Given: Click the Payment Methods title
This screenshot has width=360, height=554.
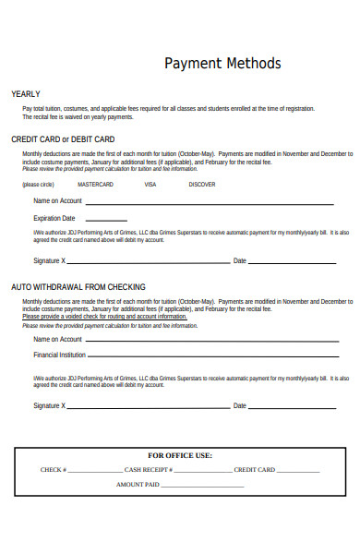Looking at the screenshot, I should click(x=222, y=64).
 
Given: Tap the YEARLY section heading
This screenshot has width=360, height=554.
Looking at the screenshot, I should click(x=25, y=94).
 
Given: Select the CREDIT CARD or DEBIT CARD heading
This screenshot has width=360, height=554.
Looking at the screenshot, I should click(x=62, y=139).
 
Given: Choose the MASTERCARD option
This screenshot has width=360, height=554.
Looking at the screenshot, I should click(x=94, y=185).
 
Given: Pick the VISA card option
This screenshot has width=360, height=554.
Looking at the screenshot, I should click(x=150, y=185).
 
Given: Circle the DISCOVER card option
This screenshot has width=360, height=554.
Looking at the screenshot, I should click(x=201, y=185).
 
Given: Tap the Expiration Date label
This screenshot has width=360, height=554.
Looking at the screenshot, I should click(x=54, y=218).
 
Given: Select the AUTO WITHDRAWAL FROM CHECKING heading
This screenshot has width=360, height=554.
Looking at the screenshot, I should click(x=78, y=287).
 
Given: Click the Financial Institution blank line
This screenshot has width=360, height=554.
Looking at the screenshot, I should click(x=212, y=356).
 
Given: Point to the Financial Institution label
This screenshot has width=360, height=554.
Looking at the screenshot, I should click(x=59, y=355).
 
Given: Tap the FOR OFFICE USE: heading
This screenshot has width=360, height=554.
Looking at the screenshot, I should click(x=180, y=455).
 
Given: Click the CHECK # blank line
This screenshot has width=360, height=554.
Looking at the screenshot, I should click(x=94, y=472).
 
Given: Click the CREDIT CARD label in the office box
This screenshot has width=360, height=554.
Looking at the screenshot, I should click(x=254, y=470).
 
